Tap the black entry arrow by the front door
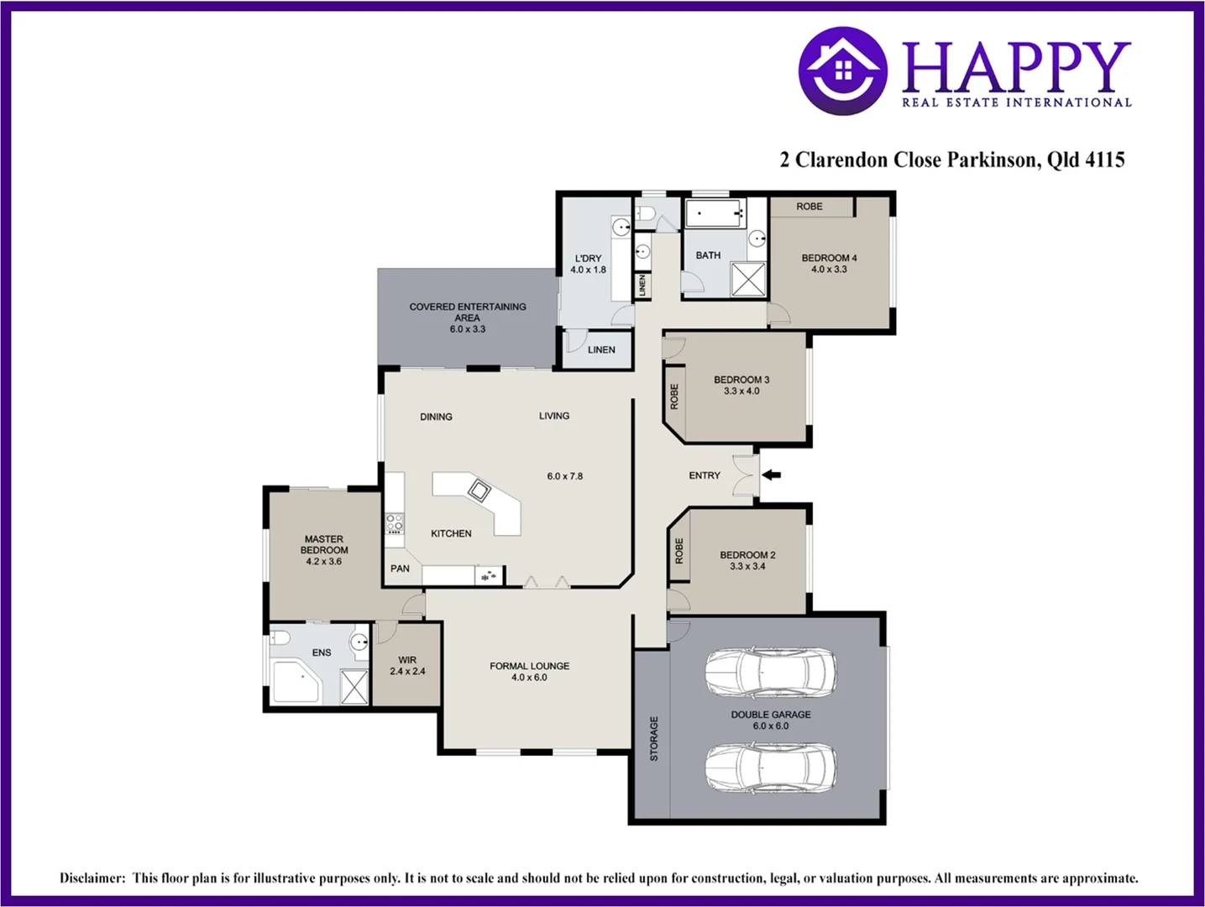(x=771, y=475)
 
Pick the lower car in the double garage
(x=770, y=768)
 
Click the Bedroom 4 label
(x=829, y=258)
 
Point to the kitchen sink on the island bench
(x=479, y=490)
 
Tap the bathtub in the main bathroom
(x=715, y=213)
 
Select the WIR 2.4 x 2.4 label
(x=407, y=666)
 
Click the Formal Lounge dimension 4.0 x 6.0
(x=529, y=678)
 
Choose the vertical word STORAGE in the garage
(x=654, y=739)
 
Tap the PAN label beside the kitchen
(x=400, y=569)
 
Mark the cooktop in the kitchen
(x=395, y=524)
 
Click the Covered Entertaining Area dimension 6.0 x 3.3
(x=468, y=329)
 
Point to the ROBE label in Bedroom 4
(x=809, y=207)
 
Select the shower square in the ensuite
(x=354, y=687)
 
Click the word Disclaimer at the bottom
(x=92, y=878)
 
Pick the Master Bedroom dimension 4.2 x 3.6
(x=323, y=562)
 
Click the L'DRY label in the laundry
(x=588, y=259)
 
